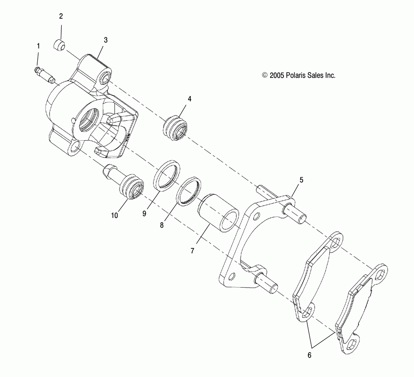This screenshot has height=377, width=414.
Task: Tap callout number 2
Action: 61,17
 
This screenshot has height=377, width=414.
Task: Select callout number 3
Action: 106,40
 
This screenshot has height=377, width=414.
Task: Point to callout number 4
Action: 178,99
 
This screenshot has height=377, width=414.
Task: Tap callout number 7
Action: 192,250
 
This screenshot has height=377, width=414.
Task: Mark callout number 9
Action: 144,213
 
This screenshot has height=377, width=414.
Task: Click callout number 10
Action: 114,215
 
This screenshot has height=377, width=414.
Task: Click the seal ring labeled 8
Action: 189,191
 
